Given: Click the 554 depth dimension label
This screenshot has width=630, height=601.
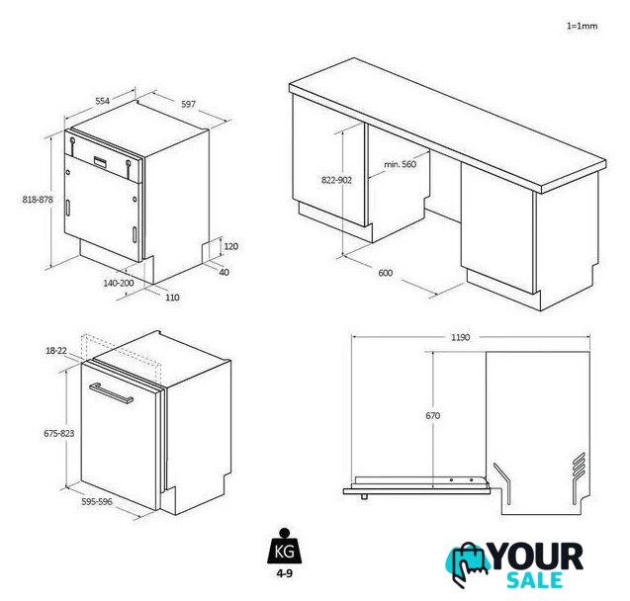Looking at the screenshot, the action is click(x=103, y=101).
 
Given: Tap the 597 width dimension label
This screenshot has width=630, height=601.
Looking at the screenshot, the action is click(x=189, y=105).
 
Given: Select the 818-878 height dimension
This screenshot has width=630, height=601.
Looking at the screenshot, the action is click(x=38, y=199).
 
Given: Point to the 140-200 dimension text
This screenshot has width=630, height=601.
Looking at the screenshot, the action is click(x=119, y=283).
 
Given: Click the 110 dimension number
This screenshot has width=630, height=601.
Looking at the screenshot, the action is click(x=172, y=298).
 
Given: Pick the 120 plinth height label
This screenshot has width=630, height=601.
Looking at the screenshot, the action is click(x=231, y=246).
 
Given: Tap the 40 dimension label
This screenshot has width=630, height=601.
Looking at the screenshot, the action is click(x=224, y=272).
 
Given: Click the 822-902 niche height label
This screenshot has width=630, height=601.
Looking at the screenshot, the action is click(x=336, y=180).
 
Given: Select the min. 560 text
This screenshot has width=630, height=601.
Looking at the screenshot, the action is click(x=401, y=164).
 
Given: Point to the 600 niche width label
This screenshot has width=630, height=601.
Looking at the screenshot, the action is click(x=386, y=273).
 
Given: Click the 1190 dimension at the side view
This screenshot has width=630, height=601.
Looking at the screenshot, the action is click(x=460, y=337).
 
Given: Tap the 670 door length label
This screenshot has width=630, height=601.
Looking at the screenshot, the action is click(x=433, y=416).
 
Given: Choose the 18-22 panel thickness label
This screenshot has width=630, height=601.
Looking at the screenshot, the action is click(x=56, y=351).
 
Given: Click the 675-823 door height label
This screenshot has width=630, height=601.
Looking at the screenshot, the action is click(x=59, y=434).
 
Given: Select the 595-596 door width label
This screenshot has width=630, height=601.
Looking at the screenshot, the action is click(x=97, y=502).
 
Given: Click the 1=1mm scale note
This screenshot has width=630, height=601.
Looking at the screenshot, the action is click(x=582, y=26).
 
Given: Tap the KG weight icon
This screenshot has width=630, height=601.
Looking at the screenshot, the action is click(x=285, y=547).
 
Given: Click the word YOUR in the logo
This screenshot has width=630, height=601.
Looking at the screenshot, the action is click(x=536, y=557).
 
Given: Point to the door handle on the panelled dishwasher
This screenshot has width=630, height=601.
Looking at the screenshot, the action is click(x=112, y=393).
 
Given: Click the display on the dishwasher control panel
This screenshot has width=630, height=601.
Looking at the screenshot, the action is click(x=101, y=162).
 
